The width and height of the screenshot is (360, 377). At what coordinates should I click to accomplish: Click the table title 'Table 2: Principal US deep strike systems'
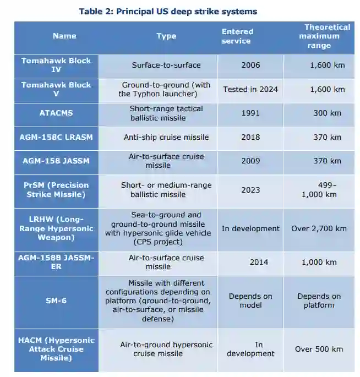point(168,11)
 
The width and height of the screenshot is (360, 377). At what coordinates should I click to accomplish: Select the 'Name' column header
point(64,36)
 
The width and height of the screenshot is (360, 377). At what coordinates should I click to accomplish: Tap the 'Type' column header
point(166,36)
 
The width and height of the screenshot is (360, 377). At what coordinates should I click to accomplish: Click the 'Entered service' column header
point(237,36)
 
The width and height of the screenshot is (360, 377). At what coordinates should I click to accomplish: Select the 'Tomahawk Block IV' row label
point(56,65)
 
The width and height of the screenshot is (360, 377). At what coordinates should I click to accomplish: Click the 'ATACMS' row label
point(56,113)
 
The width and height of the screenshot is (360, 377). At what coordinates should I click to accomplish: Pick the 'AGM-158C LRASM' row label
point(56,137)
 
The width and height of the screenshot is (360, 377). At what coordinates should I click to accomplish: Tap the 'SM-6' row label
point(56,300)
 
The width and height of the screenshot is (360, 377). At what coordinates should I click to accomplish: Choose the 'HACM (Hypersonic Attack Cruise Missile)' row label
point(56,349)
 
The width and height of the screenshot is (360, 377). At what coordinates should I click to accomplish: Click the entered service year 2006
point(250,65)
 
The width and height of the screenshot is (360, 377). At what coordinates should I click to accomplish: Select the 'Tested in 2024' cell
point(250,89)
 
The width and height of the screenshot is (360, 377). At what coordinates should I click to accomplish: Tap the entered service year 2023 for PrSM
point(250,190)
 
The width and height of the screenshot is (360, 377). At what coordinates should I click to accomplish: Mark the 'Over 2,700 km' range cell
point(319,228)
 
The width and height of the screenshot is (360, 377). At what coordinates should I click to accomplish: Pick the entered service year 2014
point(259,262)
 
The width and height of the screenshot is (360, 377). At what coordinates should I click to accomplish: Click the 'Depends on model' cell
point(250,300)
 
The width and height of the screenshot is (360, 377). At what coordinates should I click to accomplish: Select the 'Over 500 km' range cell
point(319,349)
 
